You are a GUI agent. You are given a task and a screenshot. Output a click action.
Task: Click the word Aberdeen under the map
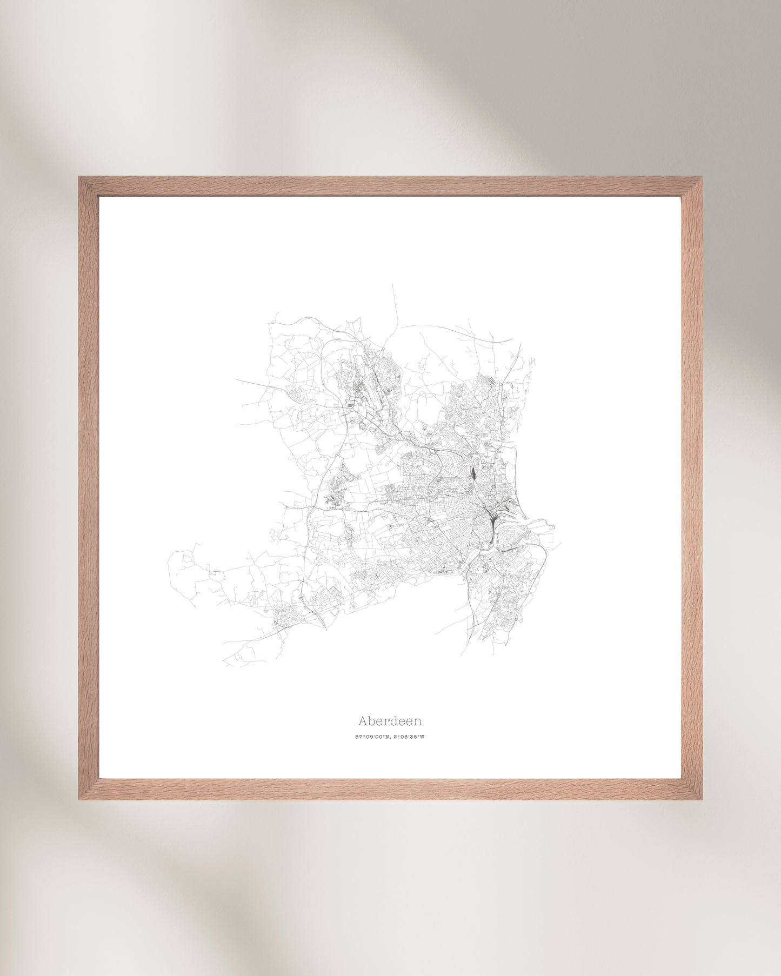click(390, 721)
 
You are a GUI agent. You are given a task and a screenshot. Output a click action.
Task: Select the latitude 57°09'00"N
click(373, 737)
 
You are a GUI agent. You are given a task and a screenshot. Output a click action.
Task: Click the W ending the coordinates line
click(422, 737)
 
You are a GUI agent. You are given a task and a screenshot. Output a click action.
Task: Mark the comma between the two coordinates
click(391, 738)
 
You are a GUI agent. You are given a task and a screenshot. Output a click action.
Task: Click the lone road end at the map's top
click(392, 285)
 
